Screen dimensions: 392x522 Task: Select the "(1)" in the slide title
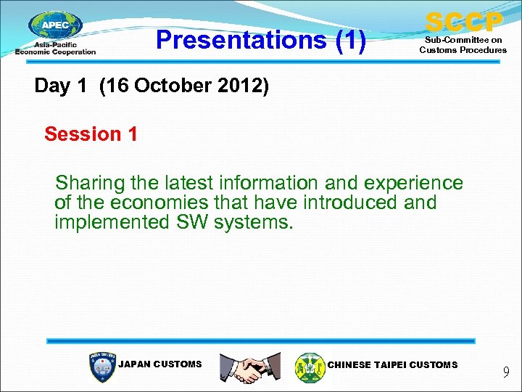click(350, 40)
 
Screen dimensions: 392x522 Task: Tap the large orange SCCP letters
click(463, 21)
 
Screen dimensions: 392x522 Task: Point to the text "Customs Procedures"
click(463, 50)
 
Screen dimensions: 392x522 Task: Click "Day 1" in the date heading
click(63, 86)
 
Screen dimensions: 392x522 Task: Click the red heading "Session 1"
click(91, 134)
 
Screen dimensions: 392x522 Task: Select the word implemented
click(112, 222)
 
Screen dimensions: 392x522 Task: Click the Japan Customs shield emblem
click(101, 367)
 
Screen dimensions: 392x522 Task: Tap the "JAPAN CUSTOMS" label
click(159, 364)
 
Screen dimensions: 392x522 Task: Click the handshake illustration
click(250, 367)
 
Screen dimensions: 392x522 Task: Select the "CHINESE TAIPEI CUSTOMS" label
click(392, 364)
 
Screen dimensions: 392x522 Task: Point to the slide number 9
click(506, 373)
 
